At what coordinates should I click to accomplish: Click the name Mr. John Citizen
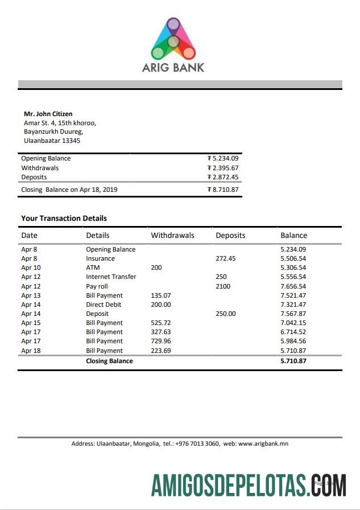click(48, 114)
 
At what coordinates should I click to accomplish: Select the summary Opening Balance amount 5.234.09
click(223, 159)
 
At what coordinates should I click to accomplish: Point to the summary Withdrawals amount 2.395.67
click(223, 168)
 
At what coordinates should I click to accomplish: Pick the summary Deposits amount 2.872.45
click(223, 177)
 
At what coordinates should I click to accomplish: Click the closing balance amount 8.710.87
click(223, 190)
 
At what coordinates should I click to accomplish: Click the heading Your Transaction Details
click(64, 218)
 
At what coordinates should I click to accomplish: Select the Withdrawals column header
click(172, 235)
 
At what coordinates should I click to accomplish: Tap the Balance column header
click(293, 235)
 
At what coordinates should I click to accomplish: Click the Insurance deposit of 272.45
click(225, 258)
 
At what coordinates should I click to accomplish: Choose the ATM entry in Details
click(93, 268)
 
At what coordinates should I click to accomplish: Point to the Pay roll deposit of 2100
click(223, 286)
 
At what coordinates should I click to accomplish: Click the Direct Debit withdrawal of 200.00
click(161, 305)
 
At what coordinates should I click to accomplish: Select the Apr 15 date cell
click(31, 323)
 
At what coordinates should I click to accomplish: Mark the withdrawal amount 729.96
click(161, 342)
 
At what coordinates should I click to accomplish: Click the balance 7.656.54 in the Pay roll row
click(293, 286)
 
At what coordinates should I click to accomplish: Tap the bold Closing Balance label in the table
click(109, 361)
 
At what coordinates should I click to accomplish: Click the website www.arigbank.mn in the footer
click(263, 444)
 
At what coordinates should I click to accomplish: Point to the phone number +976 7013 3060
click(197, 444)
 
